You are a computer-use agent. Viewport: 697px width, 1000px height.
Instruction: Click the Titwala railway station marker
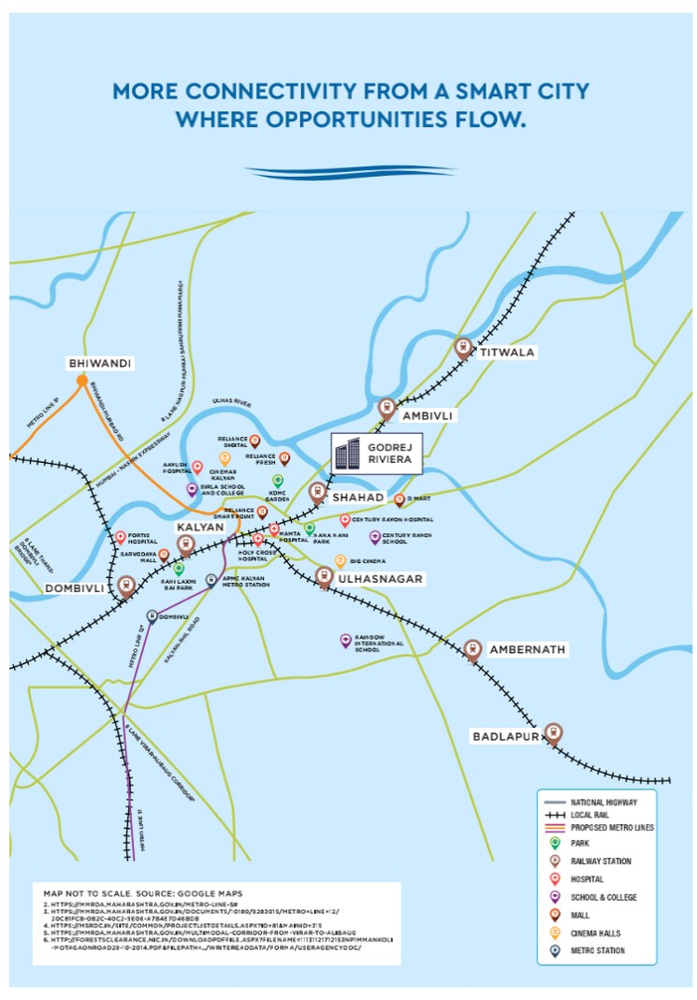point(462,347)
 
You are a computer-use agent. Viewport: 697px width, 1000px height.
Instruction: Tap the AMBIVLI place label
point(427,414)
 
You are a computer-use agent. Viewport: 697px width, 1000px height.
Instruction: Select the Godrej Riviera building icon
point(347,456)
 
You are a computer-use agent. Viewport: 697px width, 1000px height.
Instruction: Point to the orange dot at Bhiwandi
point(82,381)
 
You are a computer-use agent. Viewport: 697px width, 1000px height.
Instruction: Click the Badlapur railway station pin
point(553,732)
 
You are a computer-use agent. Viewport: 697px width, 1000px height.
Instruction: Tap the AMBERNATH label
point(530,649)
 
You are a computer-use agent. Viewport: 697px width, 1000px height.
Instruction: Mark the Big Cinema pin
point(341,560)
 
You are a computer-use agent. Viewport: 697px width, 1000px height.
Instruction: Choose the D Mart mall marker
point(399,500)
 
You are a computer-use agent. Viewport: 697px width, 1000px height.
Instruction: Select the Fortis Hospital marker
point(121,538)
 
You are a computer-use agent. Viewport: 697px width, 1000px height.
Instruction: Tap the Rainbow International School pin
point(345,640)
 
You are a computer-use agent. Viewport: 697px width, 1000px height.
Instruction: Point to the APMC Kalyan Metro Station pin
point(212,580)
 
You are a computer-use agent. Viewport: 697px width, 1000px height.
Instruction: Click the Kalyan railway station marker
point(185,543)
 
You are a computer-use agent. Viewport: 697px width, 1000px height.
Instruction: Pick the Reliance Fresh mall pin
point(285,457)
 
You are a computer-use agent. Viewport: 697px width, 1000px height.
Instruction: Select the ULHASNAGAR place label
point(382,579)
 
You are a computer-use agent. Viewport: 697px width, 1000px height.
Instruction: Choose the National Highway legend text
point(603,803)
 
